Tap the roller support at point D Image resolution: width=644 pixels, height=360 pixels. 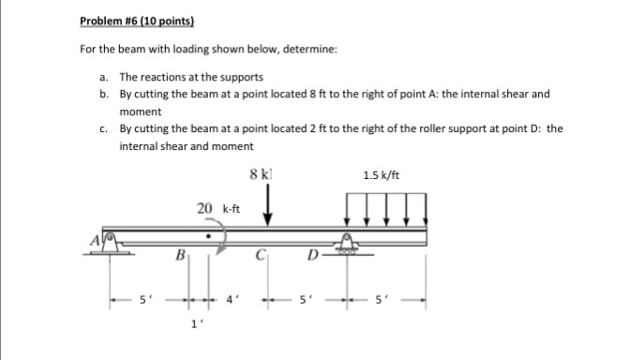point(350,245)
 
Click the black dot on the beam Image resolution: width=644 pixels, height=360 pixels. point(209,226)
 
